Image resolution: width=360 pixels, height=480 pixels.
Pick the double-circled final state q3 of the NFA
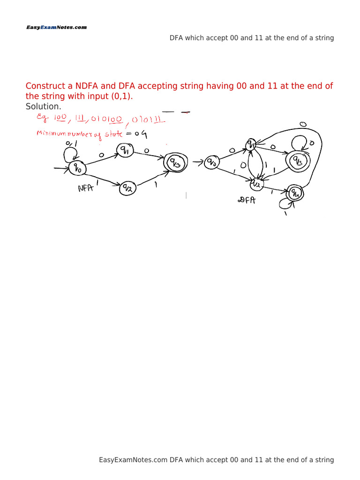point(173,163)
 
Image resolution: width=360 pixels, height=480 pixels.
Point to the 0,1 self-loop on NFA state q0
point(69,151)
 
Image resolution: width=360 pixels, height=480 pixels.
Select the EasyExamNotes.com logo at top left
point(56,28)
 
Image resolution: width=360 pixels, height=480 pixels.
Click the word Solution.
point(43,106)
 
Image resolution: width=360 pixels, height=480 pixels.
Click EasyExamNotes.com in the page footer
point(133,460)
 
